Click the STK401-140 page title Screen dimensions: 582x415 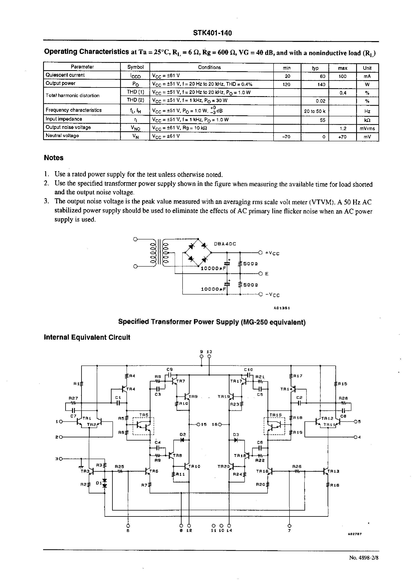[x=212, y=33]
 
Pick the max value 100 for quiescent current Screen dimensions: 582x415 [x=342, y=76]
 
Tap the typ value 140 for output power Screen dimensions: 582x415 [x=321, y=85]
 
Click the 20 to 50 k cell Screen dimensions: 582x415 [x=315, y=111]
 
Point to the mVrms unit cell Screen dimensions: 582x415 [x=367, y=128]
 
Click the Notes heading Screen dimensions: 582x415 [x=54, y=158]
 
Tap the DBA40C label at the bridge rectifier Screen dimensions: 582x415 [x=225, y=244]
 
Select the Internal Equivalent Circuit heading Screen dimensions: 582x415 [x=87, y=337]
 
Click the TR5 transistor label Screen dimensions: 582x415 [x=144, y=415]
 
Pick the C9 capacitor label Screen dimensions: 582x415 [x=169, y=370]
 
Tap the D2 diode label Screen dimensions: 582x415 [x=182, y=434]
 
